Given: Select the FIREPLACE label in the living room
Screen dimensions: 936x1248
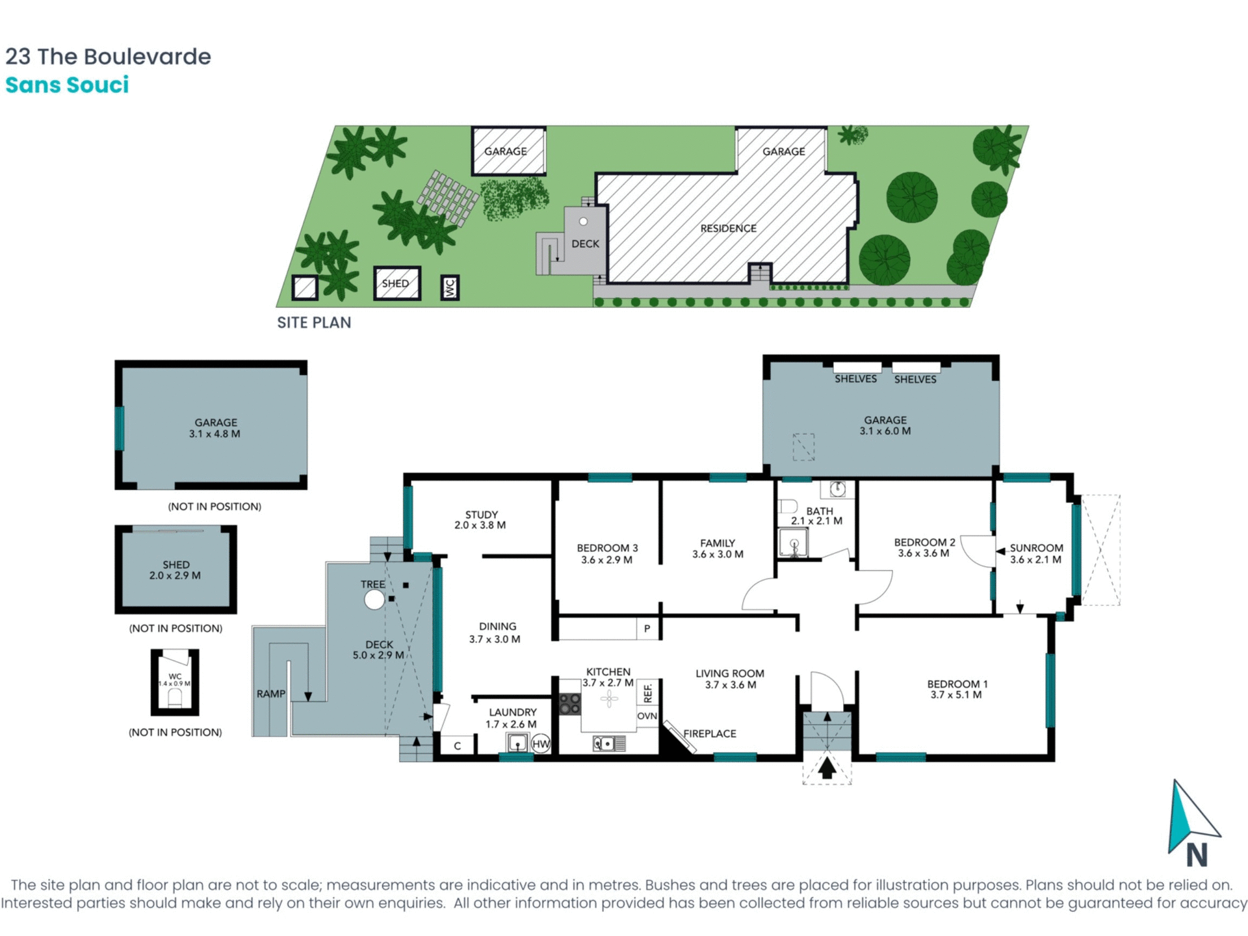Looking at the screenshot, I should coord(709,734).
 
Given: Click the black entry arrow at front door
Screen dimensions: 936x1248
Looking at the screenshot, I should coord(827,768).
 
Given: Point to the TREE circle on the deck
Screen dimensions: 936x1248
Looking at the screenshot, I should coord(374,599).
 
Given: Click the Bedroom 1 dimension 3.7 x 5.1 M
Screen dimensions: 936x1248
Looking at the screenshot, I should coord(956,695).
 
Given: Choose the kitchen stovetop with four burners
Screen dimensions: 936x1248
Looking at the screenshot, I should coord(570,704).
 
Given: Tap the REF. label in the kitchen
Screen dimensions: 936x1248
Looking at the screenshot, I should coord(647,692).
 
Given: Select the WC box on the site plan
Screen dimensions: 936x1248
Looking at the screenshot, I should coord(450,287).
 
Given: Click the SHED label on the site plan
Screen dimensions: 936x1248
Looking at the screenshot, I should coord(395,283).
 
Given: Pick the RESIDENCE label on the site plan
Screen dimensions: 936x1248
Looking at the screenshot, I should coord(728,228).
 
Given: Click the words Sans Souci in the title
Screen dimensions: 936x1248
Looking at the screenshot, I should coord(67,85).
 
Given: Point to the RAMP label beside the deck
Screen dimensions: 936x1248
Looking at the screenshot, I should coord(270,694).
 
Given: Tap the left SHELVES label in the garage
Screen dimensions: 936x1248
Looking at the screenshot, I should coord(855,379).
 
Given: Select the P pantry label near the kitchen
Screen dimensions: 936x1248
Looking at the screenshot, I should coord(647,629).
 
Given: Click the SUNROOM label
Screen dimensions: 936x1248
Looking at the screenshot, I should coord(1036,548).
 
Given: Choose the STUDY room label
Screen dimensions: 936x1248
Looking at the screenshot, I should coord(481,514).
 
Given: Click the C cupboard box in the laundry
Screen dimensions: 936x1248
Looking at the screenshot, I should coord(457,746).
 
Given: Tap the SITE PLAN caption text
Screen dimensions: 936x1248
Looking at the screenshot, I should coord(314,323).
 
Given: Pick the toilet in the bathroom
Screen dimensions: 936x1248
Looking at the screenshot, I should coord(788,506).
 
